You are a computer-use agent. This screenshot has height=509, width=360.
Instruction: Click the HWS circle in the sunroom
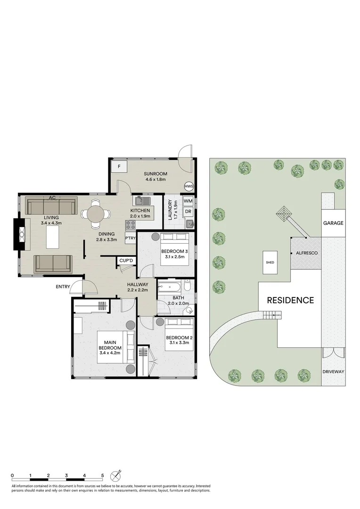(189, 186)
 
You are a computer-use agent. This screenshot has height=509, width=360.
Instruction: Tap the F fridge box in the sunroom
(119, 166)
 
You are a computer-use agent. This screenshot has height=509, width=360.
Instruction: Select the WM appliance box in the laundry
(188, 201)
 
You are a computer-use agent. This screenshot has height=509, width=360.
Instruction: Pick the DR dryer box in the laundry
(188, 212)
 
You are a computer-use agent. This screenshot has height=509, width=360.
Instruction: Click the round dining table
(96, 213)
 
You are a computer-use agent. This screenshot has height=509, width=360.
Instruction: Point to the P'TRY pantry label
(131, 238)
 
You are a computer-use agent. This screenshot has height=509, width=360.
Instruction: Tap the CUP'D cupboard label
(126, 261)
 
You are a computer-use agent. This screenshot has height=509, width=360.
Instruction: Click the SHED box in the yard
(270, 262)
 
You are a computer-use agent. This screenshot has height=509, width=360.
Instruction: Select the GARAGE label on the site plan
(333, 223)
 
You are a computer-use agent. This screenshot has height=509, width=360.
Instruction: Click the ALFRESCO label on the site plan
(306, 254)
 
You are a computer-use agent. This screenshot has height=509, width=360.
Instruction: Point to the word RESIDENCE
(290, 300)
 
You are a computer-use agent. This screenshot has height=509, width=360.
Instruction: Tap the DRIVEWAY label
(333, 372)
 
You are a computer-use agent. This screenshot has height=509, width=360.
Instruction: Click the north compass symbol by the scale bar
(116, 476)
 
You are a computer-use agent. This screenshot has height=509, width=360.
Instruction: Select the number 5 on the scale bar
(102, 476)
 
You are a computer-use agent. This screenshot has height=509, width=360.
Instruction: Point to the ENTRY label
(63, 287)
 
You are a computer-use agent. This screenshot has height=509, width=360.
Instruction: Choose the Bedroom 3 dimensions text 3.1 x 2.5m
(174, 257)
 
